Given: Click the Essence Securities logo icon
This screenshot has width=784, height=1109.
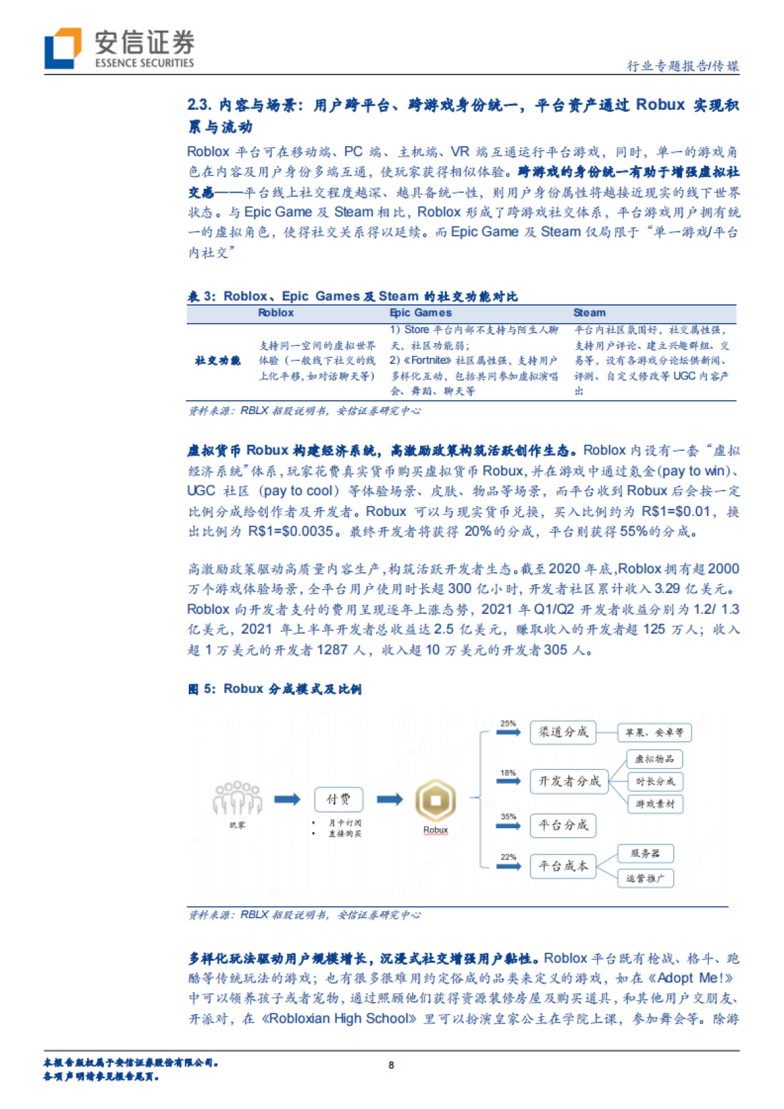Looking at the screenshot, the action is click(x=63, y=48).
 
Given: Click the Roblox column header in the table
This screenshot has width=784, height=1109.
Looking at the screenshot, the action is click(x=276, y=313).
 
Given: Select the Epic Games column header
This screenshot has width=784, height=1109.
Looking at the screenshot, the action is click(x=420, y=313).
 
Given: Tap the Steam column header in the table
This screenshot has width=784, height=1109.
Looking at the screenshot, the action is click(x=589, y=313).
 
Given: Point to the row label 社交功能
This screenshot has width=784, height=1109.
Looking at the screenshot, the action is click(x=218, y=361).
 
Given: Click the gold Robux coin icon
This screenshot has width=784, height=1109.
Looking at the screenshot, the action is click(x=435, y=800).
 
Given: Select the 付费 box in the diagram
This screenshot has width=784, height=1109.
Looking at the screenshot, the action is click(x=338, y=799).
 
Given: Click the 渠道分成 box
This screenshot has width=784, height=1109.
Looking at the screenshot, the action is click(x=563, y=732).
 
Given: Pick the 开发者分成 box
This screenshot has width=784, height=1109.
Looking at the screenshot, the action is click(x=568, y=781).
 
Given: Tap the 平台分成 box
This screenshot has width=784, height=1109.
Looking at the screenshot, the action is click(x=563, y=825).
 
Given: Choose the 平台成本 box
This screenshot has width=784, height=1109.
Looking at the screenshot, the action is click(x=563, y=866).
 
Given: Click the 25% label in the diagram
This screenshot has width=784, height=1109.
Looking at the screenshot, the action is click(x=508, y=724).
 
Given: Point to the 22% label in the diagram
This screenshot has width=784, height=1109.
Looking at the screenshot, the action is click(x=508, y=857).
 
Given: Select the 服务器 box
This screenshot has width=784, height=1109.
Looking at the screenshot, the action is click(x=645, y=854).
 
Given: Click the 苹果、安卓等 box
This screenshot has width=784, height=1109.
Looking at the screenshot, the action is click(x=654, y=733).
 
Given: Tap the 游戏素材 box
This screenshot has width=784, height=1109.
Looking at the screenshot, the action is click(x=655, y=804).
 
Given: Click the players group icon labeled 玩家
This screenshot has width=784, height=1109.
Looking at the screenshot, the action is click(x=237, y=798).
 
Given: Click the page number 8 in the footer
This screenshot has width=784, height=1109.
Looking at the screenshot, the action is click(x=391, y=1065).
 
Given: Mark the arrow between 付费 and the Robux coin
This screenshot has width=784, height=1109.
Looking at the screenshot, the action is click(x=389, y=799).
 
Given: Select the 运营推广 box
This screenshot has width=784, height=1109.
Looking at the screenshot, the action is click(x=645, y=878).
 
